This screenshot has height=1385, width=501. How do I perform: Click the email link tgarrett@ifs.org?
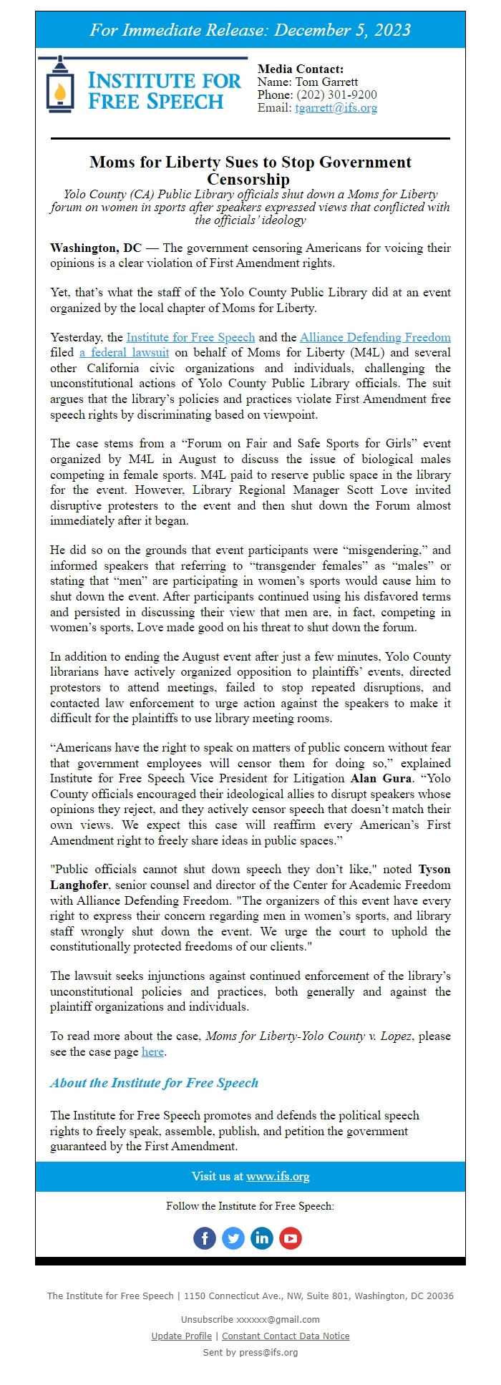[336, 108]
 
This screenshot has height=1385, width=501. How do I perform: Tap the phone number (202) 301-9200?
[336, 95]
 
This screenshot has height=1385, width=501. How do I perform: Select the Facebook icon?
[205, 1238]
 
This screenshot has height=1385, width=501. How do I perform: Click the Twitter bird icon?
[233, 1238]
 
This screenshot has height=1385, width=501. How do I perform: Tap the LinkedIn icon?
[262, 1238]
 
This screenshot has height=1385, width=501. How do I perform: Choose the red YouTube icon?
[291, 1238]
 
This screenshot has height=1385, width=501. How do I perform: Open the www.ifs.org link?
[278, 1177]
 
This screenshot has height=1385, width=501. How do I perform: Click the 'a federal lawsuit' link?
[125, 352]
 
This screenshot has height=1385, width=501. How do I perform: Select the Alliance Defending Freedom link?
[375, 337]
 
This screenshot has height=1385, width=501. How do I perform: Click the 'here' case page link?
[152, 1051]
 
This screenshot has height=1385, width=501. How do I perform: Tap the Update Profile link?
[182, 1336]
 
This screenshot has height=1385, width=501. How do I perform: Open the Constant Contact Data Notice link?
[286, 1336]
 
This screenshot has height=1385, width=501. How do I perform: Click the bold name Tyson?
[434, 870]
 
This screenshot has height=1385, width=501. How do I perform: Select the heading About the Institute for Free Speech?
[154, 1083]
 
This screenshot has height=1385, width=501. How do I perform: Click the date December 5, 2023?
[342, 30]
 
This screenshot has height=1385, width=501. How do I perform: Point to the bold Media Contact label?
[301, 69]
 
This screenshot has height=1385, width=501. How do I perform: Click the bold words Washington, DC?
[96, 248]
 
